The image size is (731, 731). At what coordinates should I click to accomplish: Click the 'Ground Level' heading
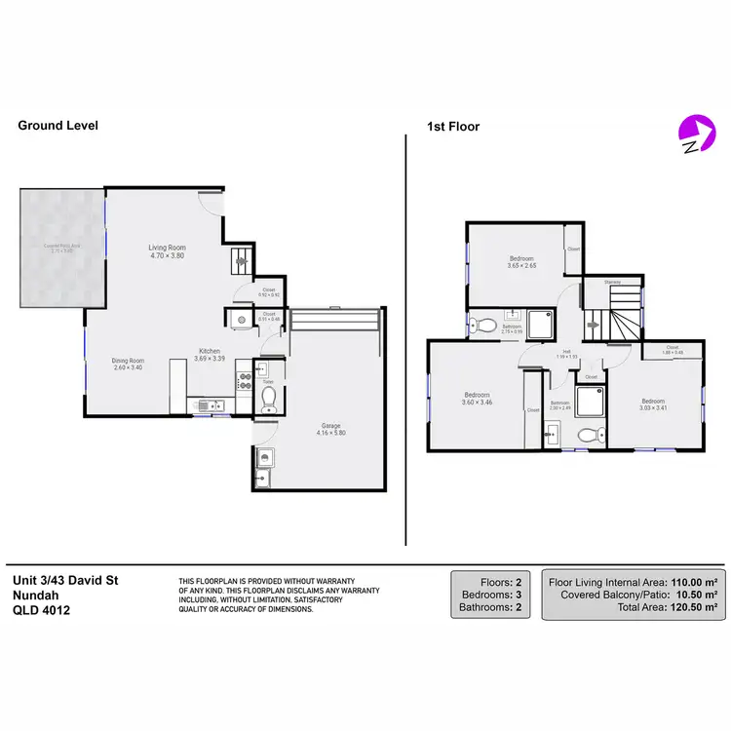point(58,126)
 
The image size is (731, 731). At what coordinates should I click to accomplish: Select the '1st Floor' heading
point(453,126)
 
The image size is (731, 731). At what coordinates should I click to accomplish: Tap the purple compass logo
point(694,134)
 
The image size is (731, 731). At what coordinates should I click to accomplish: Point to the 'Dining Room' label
point(128,363)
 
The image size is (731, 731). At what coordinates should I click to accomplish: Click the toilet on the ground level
point(269,399)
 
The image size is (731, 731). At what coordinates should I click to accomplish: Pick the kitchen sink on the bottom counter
point(209,405)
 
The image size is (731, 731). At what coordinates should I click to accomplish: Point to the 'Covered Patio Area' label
point(61,248)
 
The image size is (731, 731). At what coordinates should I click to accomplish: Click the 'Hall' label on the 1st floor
point(565,352)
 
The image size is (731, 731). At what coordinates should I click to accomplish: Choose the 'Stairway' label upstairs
point(612,283)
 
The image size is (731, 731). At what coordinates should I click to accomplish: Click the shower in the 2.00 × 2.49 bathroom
point(590,403)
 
